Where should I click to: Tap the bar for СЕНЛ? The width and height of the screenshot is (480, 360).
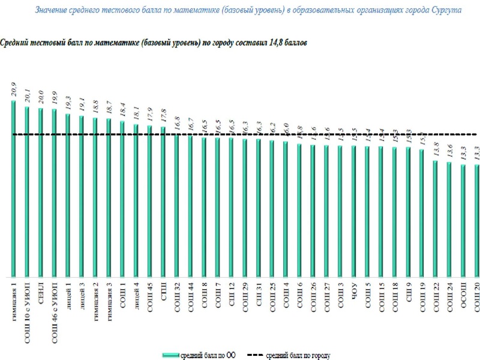pyautogui.click(x=40, y=192)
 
